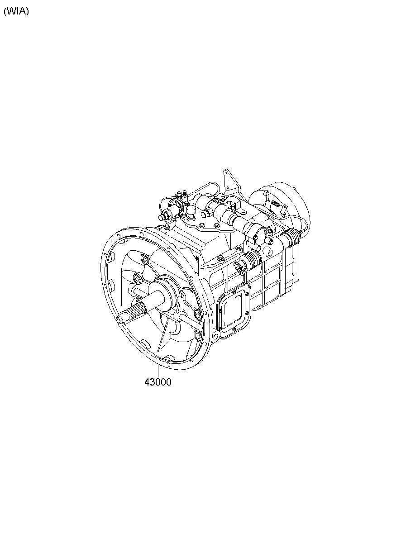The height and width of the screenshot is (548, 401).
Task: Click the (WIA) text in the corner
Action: point(16,11)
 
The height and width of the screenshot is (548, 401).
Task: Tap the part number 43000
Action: point(158,382)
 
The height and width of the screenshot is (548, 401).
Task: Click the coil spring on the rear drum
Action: point(276,203)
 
